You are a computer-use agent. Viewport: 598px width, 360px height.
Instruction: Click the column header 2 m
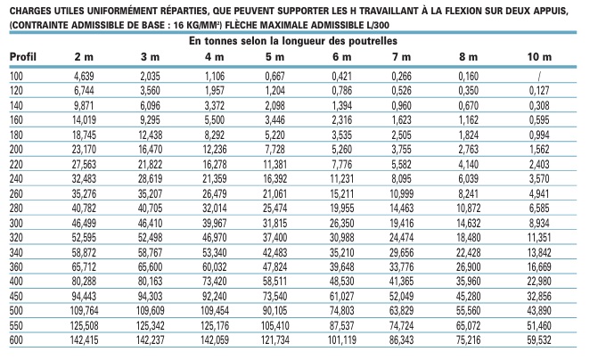[83, 57]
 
